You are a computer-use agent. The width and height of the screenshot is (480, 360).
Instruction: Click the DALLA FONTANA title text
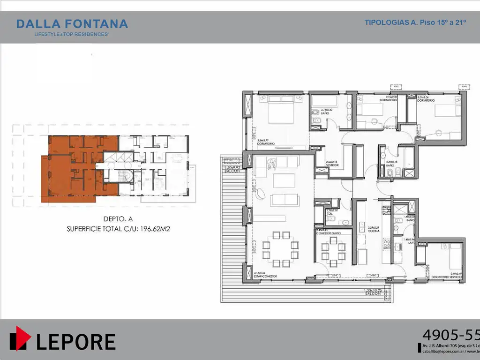coord(72,24)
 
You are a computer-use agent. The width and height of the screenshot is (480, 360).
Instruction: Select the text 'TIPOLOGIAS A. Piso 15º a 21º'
coord(415,22)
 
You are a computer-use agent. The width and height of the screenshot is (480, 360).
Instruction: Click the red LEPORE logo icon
coord(20,338)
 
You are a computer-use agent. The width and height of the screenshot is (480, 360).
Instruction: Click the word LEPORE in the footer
coord(75,342)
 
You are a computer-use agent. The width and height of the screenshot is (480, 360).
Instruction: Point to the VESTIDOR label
coord(333,165)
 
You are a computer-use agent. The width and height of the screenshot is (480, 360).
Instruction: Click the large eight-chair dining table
coord(280,248)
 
